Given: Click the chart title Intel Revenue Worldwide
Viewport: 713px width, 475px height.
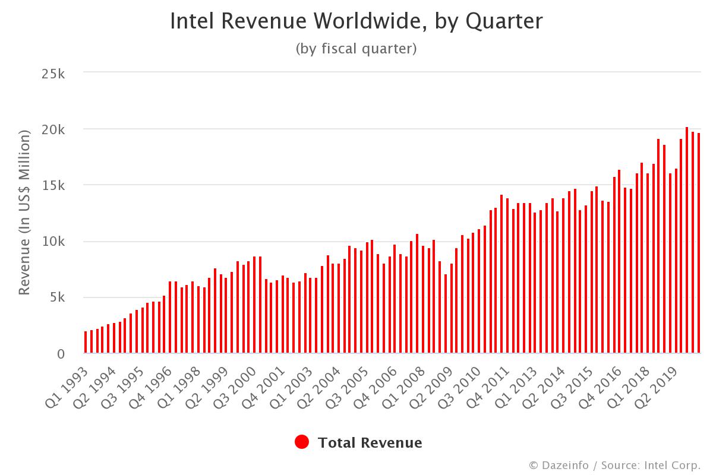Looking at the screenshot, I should coord(356,21).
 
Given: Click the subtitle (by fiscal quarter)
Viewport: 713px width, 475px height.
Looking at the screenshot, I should coord(356,49).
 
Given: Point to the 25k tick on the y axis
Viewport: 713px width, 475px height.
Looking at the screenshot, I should coord(53,74).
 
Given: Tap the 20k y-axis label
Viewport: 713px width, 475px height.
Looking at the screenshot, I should coord(53,129).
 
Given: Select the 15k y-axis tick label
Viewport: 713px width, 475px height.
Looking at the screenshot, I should coord(53,185).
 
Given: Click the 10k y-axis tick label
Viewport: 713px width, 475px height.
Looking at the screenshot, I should coord(53,242).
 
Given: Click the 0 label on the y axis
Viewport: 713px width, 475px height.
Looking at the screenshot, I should coord(61,354).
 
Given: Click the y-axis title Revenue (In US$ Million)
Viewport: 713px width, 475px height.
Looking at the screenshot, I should coord(24,213).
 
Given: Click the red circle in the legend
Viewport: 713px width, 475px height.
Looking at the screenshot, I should coord(302,442).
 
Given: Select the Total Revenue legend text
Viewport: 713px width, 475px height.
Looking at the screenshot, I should coord(370,443).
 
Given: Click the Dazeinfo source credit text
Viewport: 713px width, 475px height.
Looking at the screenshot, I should coord(614,464).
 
